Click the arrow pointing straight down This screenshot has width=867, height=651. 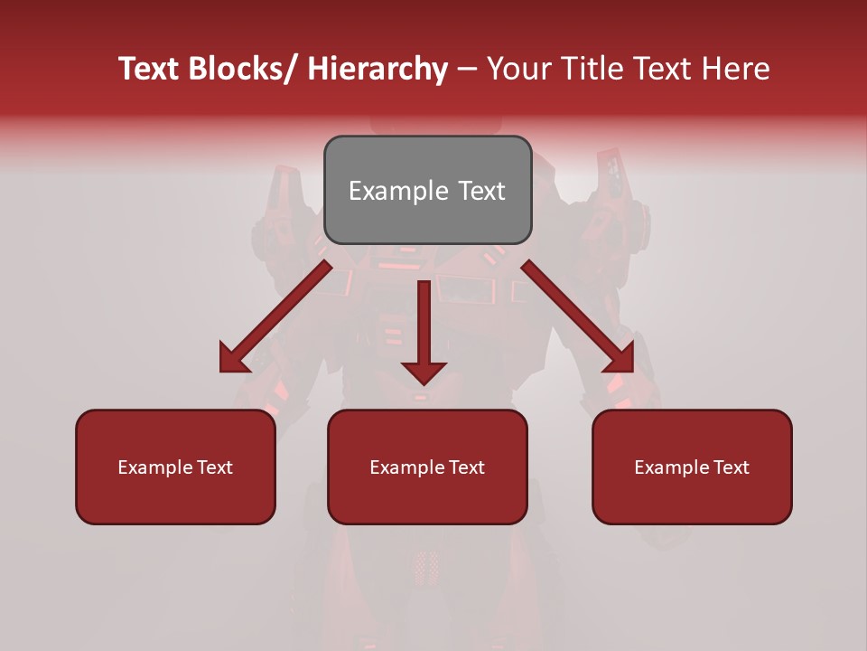pyautogui.click(x=424, y=325)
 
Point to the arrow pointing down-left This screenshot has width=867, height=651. pyautogui.click(x=275, y=316)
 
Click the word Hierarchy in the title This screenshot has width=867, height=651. pyautogui.click(x=378, y=69)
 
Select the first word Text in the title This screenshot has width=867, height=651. pyautogui.click(x=150, y=69)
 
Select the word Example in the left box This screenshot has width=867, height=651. pyautogui.click(x=155, y=467)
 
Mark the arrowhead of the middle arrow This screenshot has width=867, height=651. pyautogui.click(x=424, y=372)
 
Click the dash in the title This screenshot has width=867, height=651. pyautogui.click(x=467, y=69)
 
